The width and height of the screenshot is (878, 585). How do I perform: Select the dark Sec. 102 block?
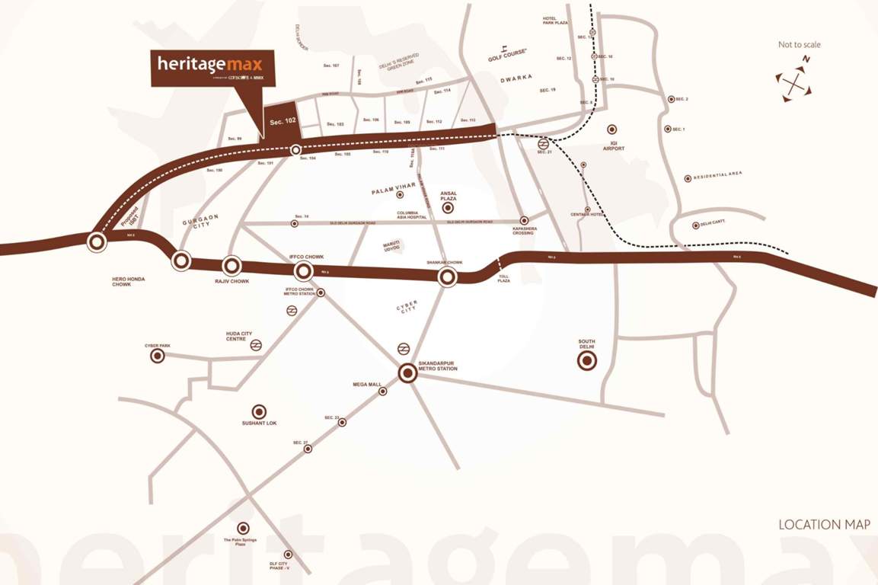(279, 120)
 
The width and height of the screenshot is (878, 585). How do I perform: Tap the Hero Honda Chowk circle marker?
(97, 242)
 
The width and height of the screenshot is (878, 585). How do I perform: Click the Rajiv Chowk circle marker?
(231, 266)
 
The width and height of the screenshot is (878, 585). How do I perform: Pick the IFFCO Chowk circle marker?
(303, 270)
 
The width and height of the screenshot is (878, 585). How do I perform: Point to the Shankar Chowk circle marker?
(447, 277)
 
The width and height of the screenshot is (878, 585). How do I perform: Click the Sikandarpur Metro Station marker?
(407, 373)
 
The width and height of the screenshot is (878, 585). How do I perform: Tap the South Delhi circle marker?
(587, 361)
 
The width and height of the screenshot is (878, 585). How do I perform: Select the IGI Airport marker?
(611, 129)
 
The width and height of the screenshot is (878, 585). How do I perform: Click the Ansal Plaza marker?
(448, 207)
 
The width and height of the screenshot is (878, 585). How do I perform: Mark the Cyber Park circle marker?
(157, 356)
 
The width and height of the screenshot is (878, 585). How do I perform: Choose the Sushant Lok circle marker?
(259, 411)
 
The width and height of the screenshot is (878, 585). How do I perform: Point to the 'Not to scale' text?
(799, 45)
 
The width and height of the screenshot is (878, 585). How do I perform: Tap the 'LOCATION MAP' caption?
(824, 525)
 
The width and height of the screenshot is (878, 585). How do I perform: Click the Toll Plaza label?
(504, 279)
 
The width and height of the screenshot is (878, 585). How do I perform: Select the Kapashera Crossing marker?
(524, 220)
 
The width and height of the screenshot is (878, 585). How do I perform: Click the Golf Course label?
(508, 57)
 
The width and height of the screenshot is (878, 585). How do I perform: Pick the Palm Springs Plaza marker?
(243, 528)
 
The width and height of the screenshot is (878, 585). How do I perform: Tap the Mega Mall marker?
(383, 392)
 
